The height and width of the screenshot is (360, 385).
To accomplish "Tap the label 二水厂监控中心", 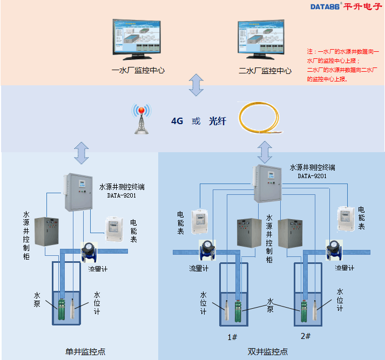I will point(265,71).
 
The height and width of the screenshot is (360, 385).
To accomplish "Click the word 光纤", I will point(217,121).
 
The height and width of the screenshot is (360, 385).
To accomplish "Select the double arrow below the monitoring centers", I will point(195,85).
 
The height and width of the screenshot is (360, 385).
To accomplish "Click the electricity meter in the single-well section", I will point(115,228).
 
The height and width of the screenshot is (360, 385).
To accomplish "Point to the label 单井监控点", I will point(85,351).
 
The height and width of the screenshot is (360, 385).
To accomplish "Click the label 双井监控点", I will point(268,351).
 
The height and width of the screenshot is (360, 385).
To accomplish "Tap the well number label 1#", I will point(233,337).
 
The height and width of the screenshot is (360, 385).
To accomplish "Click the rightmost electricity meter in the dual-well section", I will point(346,219).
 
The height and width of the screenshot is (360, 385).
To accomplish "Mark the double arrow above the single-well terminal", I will point(82,152).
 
